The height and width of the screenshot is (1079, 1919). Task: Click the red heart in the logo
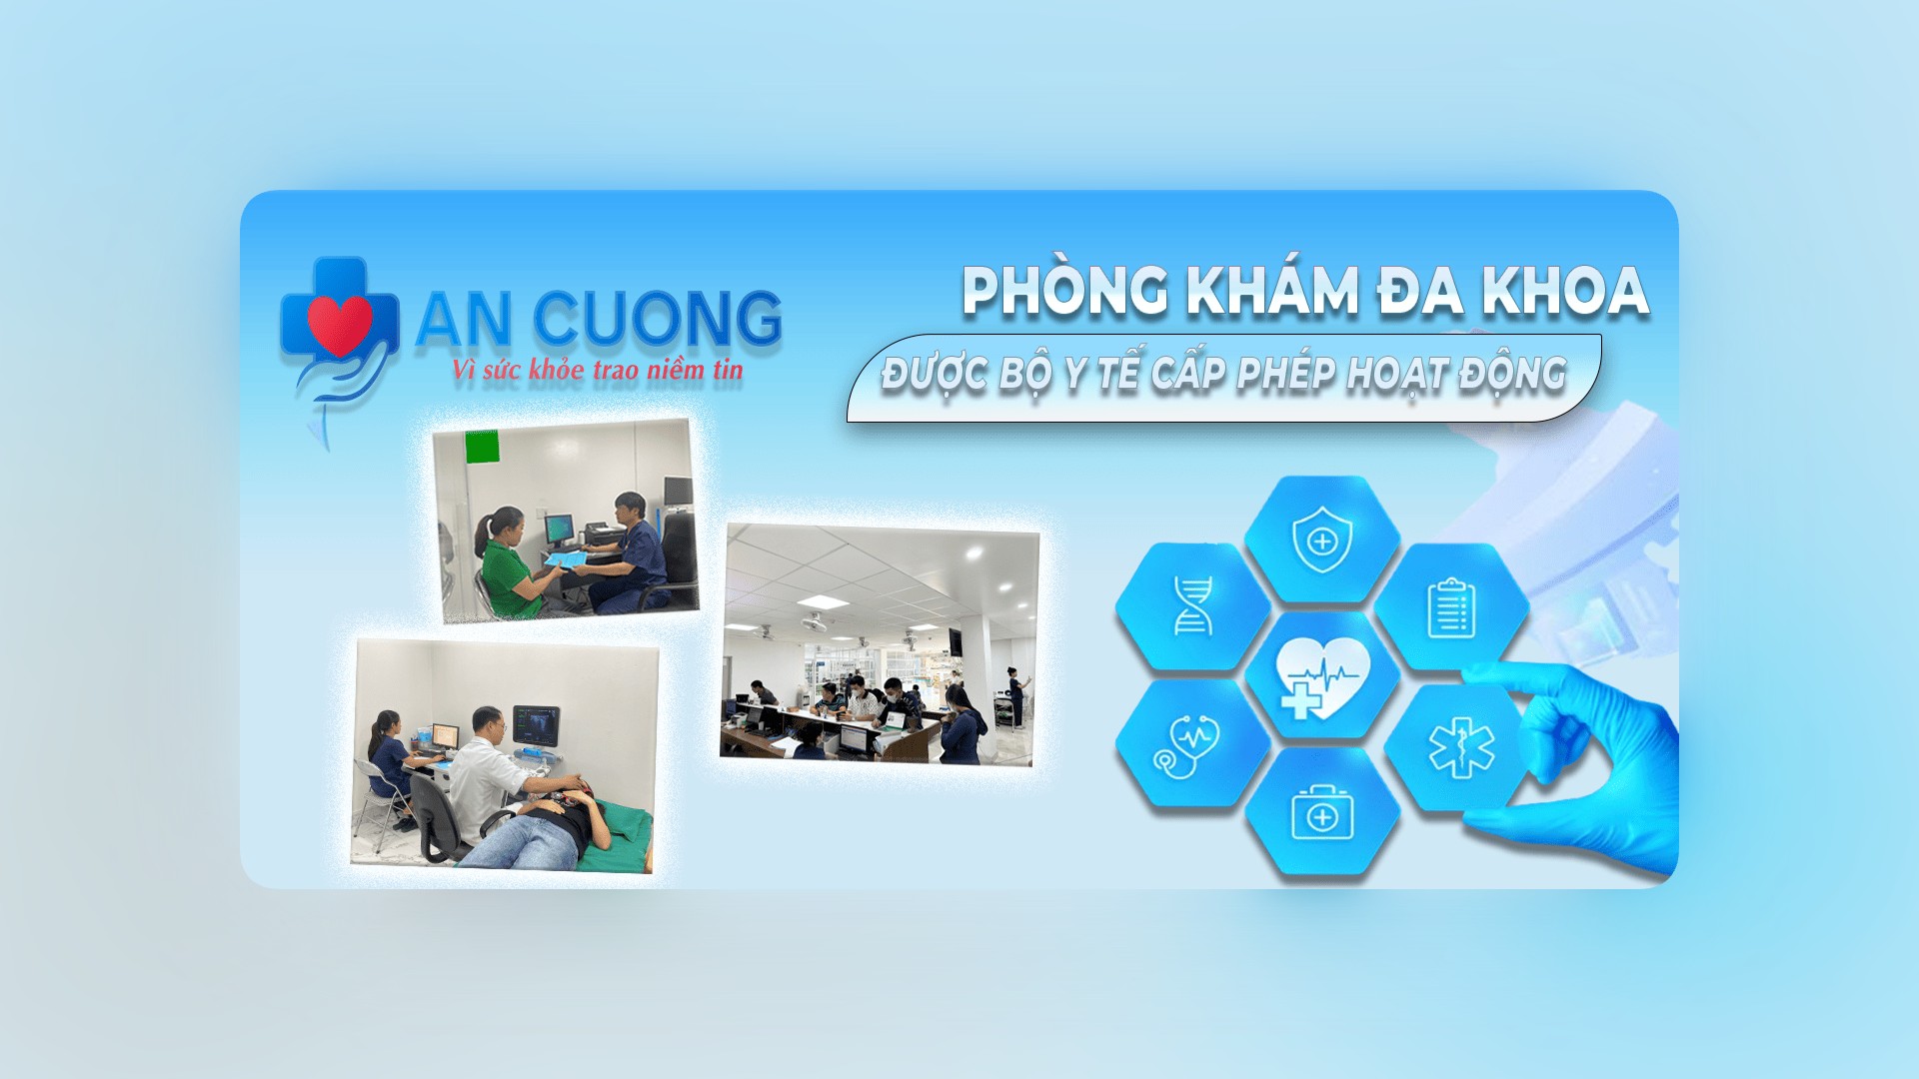tap(340, 324)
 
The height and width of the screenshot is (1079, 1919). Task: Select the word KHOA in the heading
tap(1564, 291)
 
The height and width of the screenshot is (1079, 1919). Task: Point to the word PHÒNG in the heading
tap(1064, 292)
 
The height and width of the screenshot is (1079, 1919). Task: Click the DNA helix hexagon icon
tap(1192, 605)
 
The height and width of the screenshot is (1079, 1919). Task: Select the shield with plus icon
tap(1322, 539)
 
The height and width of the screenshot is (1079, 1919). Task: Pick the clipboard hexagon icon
tap(1451, 607)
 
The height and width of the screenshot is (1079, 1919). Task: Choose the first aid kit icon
tap(1322, 813)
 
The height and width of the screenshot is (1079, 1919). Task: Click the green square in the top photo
tap(482, 447)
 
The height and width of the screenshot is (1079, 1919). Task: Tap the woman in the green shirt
tap(513, 564)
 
